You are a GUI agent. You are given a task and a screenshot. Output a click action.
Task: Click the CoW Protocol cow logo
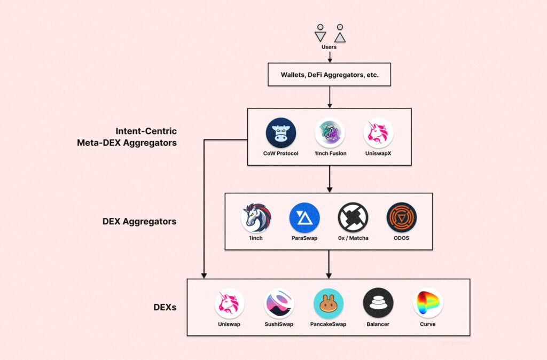coord(281,132)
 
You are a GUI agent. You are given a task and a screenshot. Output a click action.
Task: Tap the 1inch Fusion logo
coord(330,132)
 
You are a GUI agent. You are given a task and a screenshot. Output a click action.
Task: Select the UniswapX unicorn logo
coord(378,132)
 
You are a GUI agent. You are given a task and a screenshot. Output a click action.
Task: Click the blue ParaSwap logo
coord(304,217)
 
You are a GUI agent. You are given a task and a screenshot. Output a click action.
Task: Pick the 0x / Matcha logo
coord(353,217)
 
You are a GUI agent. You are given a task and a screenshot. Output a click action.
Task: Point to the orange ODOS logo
coord(402,217)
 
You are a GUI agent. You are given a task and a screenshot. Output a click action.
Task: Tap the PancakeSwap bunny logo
coord(329,303)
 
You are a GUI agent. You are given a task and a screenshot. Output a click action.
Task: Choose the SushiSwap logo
coord(279,303)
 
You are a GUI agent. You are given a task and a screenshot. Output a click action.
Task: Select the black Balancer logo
coord(378,303)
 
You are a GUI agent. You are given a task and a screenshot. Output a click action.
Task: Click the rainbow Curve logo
coord(428,303)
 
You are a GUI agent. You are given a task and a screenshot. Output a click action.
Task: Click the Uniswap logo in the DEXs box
coord(230,303)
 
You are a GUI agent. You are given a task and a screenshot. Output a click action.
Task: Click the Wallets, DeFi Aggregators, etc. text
coord(330,75)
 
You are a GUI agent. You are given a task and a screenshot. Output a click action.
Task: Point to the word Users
coord(329,47)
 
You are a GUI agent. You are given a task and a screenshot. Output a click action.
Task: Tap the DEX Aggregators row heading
coord(139,221)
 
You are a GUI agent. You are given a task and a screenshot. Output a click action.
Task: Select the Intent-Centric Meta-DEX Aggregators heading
coord(146,137)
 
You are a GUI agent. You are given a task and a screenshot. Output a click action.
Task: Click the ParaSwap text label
coord(304,238)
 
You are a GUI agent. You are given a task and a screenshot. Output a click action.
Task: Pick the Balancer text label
coord(378,324)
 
